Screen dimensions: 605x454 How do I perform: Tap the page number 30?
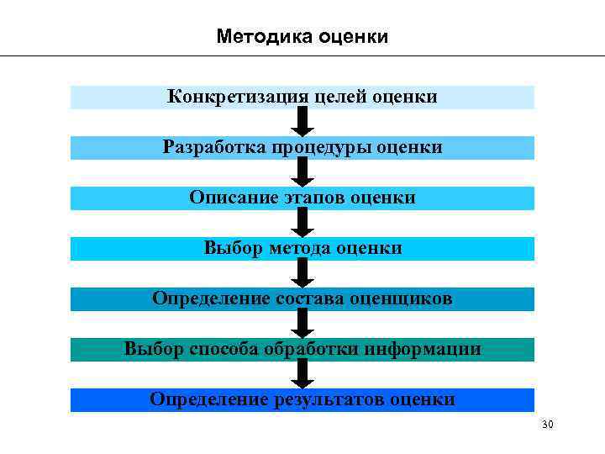[x=548, y=425]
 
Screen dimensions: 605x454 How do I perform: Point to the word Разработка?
[x=214, y=148]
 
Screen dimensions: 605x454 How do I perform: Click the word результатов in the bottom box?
[x=329, y=399]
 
